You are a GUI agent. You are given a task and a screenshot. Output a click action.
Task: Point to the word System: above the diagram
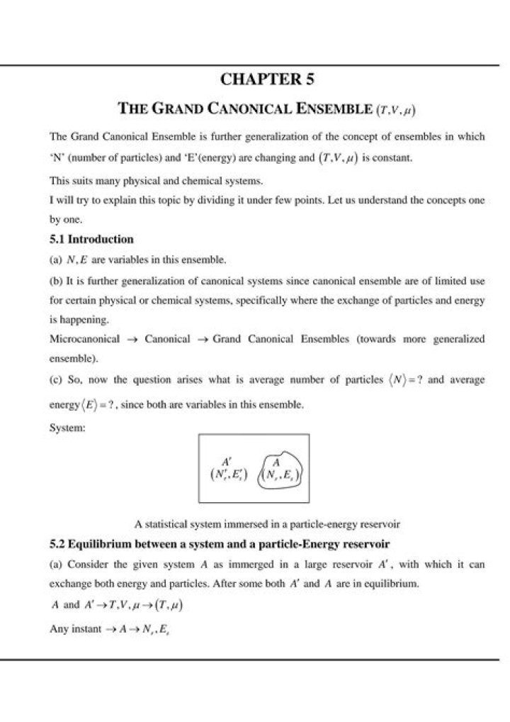pyautogui.click(x=68, y=428)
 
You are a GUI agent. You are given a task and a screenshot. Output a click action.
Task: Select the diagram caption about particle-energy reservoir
pyautogui.click(x=268, y=525)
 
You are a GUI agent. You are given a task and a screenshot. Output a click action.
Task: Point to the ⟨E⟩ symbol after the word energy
pyautogui.click(x=86, y=406)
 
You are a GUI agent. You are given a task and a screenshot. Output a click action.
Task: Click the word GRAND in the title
pyautogui.click(x=180, y=110)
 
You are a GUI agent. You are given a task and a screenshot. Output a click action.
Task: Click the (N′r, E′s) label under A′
pyautogui.click(x=229, y=475)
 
